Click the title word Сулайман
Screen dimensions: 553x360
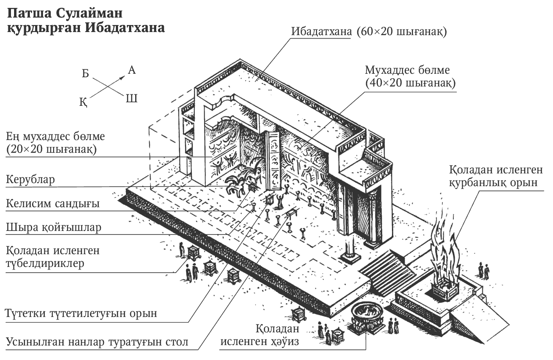click(89, 13)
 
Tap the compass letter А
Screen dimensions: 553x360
click(132, 70)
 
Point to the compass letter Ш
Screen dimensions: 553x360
click(132, 98)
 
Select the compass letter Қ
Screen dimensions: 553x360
click(83, 102)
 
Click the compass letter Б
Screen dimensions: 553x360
click(86, 73)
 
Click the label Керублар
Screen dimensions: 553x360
click(30, 180)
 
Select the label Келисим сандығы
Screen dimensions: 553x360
click(53, 203)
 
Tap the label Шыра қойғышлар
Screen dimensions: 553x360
click(54, 227)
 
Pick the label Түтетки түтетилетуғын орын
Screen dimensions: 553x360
click(81, 313)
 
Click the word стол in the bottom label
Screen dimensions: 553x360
click(176, 342)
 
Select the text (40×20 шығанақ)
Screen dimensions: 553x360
click(410, 83)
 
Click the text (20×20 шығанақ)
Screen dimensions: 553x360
click(51, 149)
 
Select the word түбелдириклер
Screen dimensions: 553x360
click(45, 264)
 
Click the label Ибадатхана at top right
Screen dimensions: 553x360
click(321, 32)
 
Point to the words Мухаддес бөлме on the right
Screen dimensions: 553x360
click(407, 70)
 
